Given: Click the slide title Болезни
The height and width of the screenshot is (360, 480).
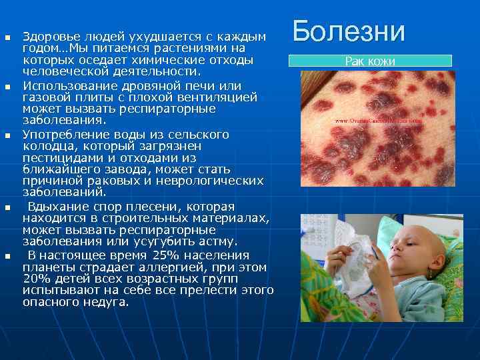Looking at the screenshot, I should click(349, 31).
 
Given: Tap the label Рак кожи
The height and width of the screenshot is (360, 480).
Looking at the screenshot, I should click(370, 61).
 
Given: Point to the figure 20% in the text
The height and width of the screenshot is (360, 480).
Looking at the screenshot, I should click(36, 279).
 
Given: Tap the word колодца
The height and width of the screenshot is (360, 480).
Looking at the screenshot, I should click(45, 145).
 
